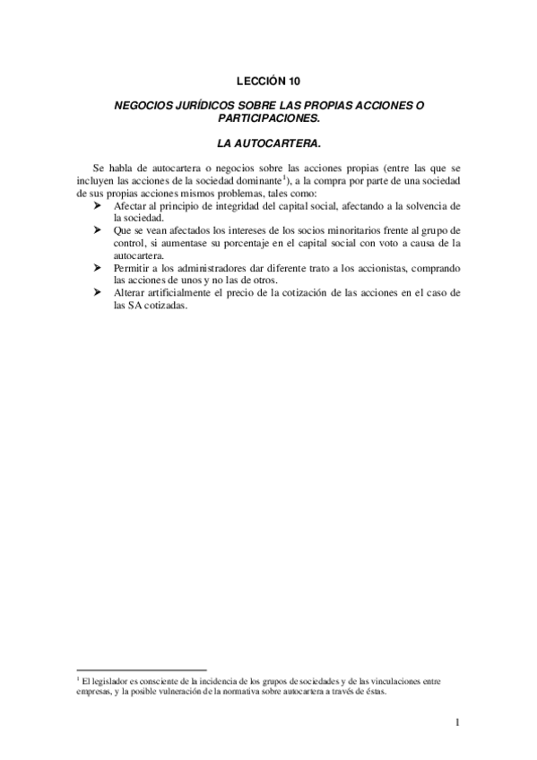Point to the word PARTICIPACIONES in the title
[x=268, y=117]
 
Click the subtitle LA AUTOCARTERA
[x=268, y=142]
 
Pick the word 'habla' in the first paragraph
[x=125, y=168]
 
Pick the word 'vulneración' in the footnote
[x=180, y=692]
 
